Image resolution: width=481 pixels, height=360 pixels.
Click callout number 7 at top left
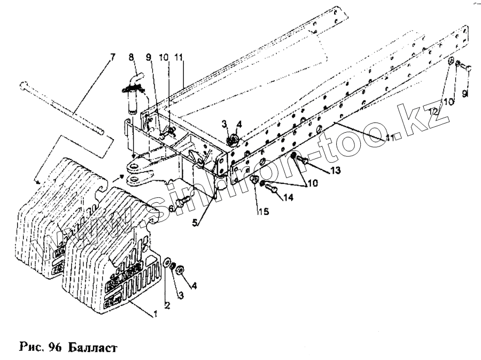coord(112,57)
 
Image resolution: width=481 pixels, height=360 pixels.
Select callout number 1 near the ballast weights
coord(156,314)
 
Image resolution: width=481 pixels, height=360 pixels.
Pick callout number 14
coord(289,197)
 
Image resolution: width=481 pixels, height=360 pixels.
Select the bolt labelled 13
coord(302,159)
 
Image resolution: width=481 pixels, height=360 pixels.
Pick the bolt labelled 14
coord(272,188)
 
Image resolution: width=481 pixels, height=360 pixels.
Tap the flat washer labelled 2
coord(167,263)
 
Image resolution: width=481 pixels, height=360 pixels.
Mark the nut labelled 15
coord(254,180)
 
